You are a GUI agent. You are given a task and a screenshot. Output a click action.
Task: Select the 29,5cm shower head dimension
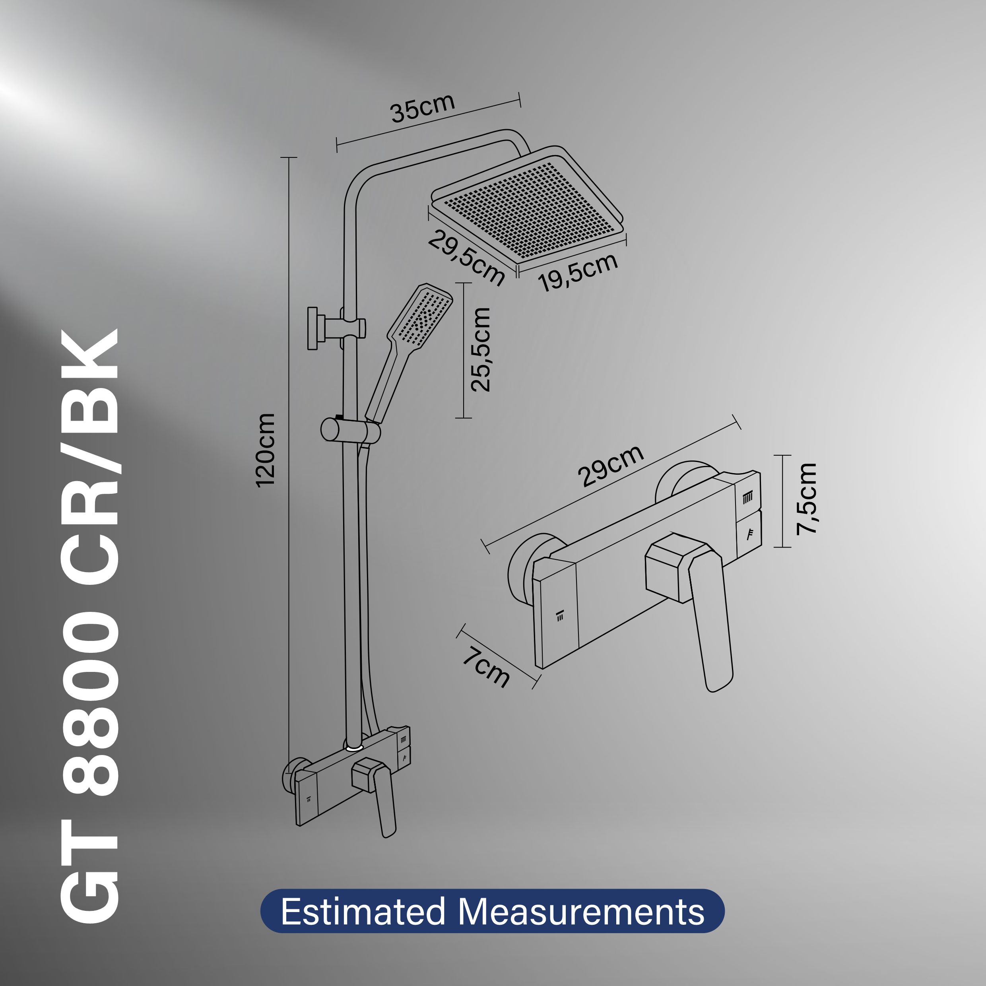tap(466, 257)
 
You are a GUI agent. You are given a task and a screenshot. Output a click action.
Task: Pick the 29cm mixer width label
tap(610, 466)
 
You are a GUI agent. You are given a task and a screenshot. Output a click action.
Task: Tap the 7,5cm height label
tap(807, 499)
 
